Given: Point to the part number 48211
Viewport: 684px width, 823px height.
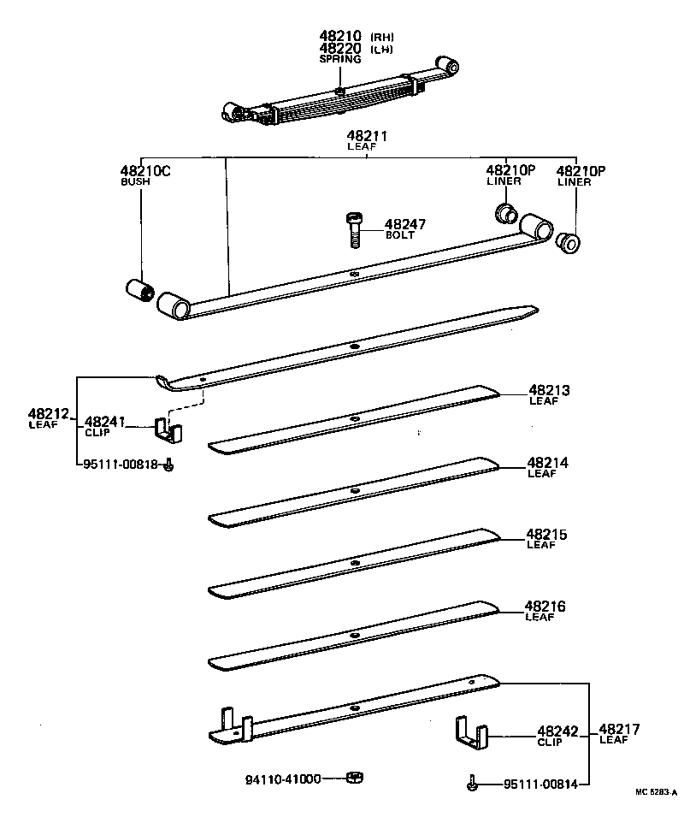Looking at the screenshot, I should click(367, 136).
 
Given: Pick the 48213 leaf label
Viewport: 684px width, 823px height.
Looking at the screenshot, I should click(548, 391).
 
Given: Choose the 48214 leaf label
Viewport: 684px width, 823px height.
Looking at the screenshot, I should click(548, 463).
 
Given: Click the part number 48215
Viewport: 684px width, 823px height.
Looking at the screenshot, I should click(548, 535).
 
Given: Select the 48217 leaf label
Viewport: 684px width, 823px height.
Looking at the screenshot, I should click(619, 730).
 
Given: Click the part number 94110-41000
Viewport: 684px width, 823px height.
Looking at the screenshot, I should click(283, 779).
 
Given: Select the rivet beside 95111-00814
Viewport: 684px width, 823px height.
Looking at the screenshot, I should click(471, 782).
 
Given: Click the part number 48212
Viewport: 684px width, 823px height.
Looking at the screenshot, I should click(48, 414).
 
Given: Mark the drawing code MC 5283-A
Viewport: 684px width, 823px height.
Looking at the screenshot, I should click(655, 792).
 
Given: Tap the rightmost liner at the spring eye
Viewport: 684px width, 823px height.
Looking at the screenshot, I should click(567, 242).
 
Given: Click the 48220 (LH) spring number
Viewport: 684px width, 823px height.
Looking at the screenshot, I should click(341, 49).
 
